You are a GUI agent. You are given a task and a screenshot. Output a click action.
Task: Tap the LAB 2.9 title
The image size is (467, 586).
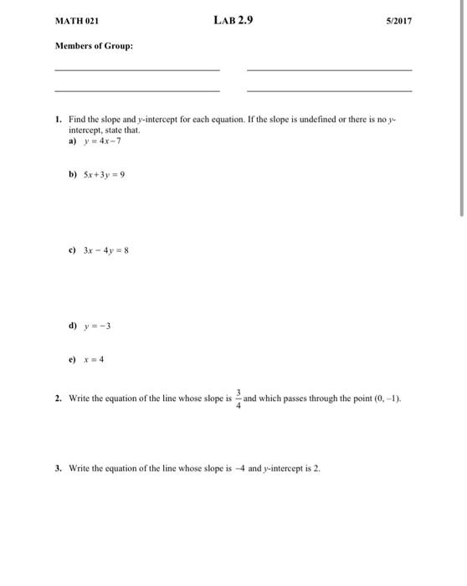(x=233, y=19)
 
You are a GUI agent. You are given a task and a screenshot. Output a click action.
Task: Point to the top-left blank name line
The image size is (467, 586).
(x=136, y=70)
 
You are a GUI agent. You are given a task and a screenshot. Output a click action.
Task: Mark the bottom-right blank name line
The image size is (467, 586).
(x=329, y=90)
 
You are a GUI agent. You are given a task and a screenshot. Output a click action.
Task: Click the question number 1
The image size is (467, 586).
(x=57, y=119)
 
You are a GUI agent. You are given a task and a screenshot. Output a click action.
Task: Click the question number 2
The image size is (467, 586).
(x=57, y=399)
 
